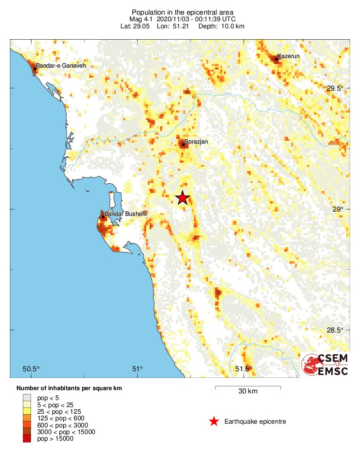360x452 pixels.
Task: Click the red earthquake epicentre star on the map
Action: (x=182, y=198)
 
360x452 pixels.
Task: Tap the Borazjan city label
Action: (x=196, y=141)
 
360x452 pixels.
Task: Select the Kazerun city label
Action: (x=288, y=56)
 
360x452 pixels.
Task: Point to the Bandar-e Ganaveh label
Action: (x=61, y=66)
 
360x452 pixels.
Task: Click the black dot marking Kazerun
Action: (x=276, y=59)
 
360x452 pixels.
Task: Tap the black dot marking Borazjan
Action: (x=183, y=145)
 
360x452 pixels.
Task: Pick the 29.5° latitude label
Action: (x=336, y=88)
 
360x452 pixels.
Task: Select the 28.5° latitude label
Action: (x=336, y=330)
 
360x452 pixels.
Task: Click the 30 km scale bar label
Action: (x=248, y=391)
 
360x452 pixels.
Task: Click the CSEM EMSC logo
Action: (x=325, y=365)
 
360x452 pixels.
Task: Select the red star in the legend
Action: (x=214, y=421)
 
